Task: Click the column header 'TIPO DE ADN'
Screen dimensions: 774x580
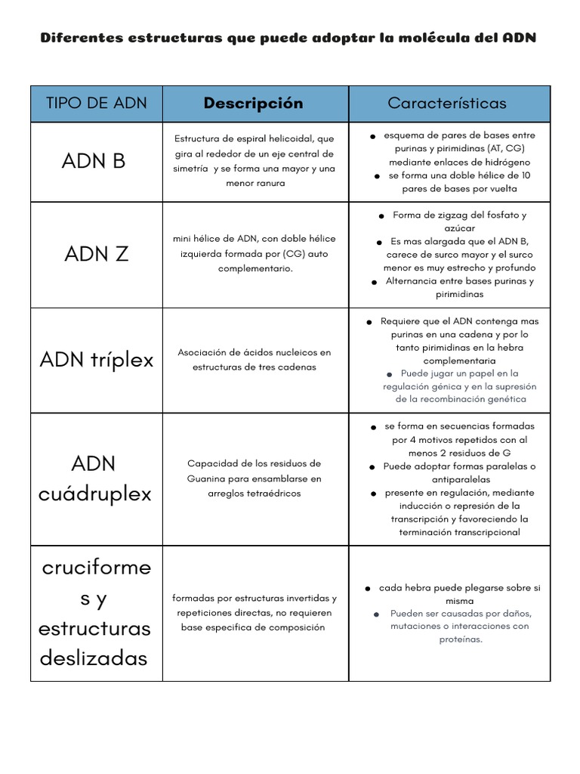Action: pyautogui.click(x=97, y=103)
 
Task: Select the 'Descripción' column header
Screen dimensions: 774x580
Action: pyautogui.click(x=254, y=103)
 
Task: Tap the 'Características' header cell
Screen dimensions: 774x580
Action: pyautogui.click(x=447, y=103)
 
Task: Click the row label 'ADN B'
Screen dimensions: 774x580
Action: pyautogui.click(x=94, y=161)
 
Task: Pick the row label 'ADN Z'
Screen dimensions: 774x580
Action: pyautogui.click(x=97, y=254)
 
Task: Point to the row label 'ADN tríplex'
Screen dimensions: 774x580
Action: pyautogui.click(x=97, y=360)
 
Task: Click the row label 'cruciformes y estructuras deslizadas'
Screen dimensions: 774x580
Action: pyautogui.click(x=95, y=613)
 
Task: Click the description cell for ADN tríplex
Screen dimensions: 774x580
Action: pyautogui.click(x=255, y=360)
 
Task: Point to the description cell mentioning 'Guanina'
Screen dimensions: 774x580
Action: pyautogui.click(x=255, y=478)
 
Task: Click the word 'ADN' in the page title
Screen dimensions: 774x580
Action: pyautogui.click(x=519, y=38)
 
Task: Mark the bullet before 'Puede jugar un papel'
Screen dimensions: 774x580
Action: pyautogui.click(x=389, y=374)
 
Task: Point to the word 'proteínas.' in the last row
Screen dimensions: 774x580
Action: pyautogui.click(x=461, y=639)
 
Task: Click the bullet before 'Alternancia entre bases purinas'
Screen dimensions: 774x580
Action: pyautogui.click(x=374, y=282)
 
